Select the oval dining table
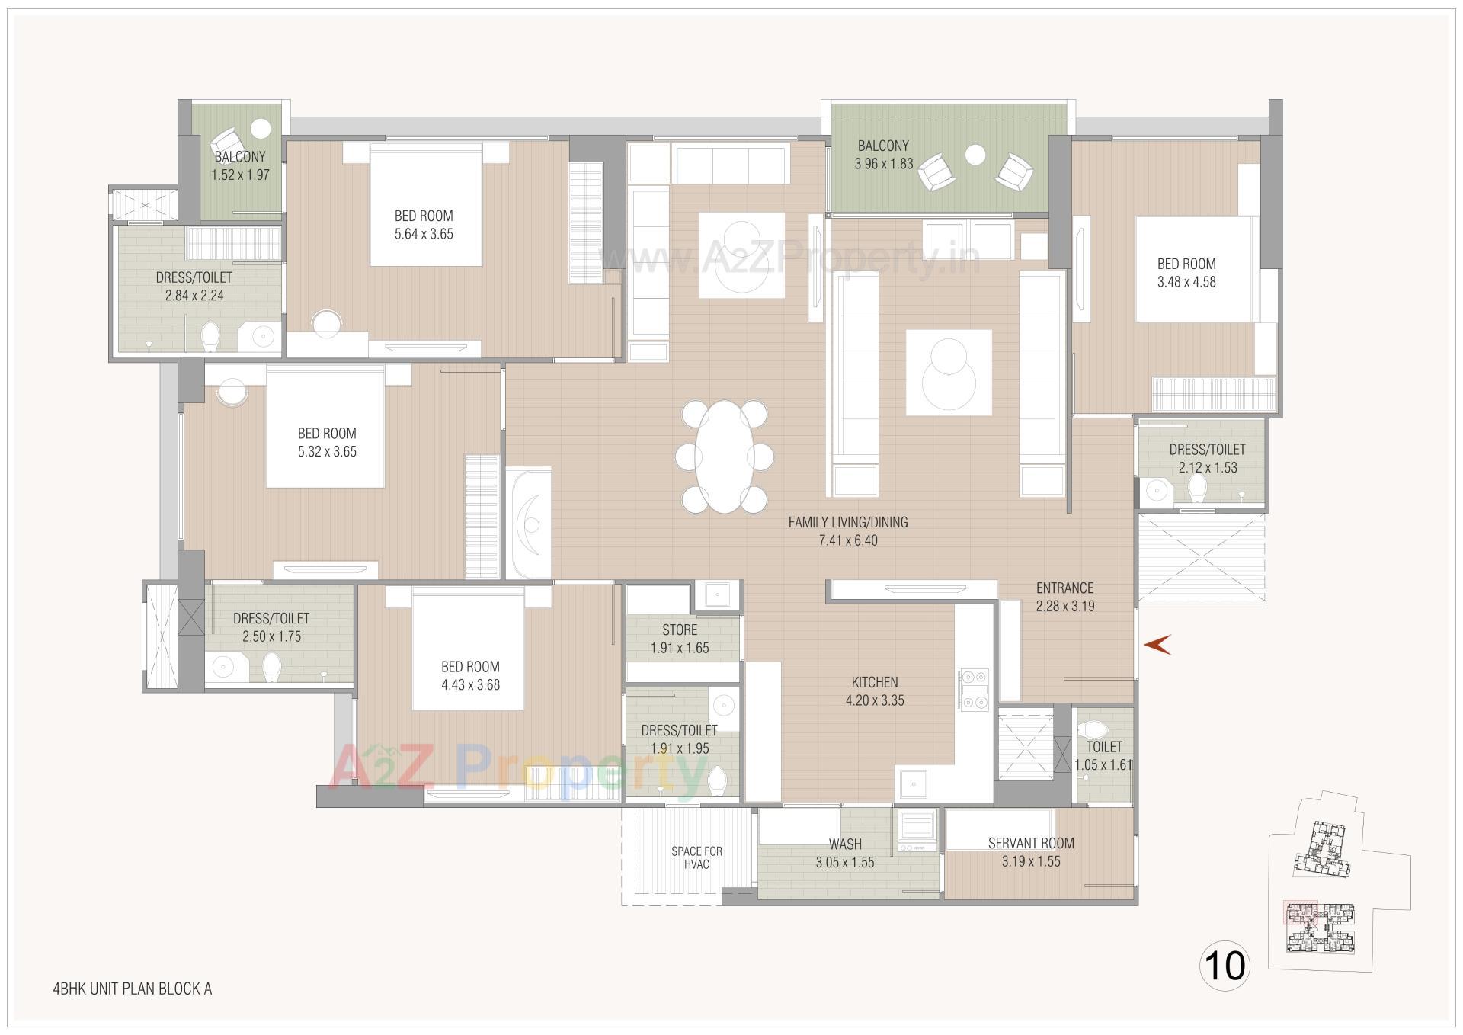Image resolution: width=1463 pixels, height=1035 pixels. click(x=724, y=457)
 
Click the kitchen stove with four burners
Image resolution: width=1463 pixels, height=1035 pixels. click(x=973, y=689)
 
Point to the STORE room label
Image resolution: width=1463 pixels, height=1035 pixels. click(x=680, y=630)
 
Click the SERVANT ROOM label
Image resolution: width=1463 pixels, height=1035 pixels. click(x=1031, y=843)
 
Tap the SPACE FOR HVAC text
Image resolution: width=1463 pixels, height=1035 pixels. click(x=696, y=857)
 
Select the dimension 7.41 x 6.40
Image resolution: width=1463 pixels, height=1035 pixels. click(x=847, y=540)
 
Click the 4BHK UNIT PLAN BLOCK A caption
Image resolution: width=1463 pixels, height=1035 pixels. click(x=132, y=989)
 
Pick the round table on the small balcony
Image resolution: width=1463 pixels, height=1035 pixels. click(x=261, y=127)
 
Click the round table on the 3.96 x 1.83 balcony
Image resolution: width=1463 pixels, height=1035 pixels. click(x=975, y=155)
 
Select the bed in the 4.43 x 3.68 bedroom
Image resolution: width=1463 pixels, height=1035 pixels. click(x=468, y=652)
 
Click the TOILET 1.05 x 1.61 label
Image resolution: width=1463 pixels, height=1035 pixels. click(x=1103, y=755)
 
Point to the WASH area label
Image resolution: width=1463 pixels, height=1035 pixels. click(x=845, y=844)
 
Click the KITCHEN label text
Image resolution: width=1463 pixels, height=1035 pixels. click(x=875, y=682)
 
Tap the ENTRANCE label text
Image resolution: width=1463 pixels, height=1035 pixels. click(x=1064, y=588)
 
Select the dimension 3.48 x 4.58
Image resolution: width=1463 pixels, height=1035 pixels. click(x=1186, y=282)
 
